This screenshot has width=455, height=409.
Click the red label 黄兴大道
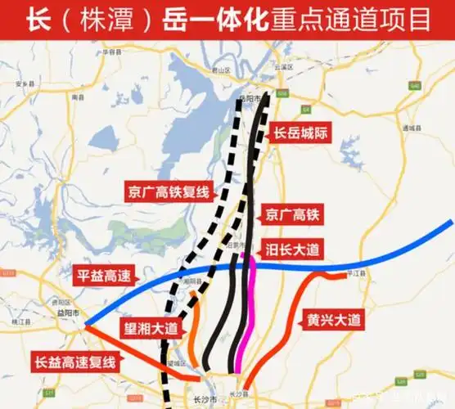click(333, 320)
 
